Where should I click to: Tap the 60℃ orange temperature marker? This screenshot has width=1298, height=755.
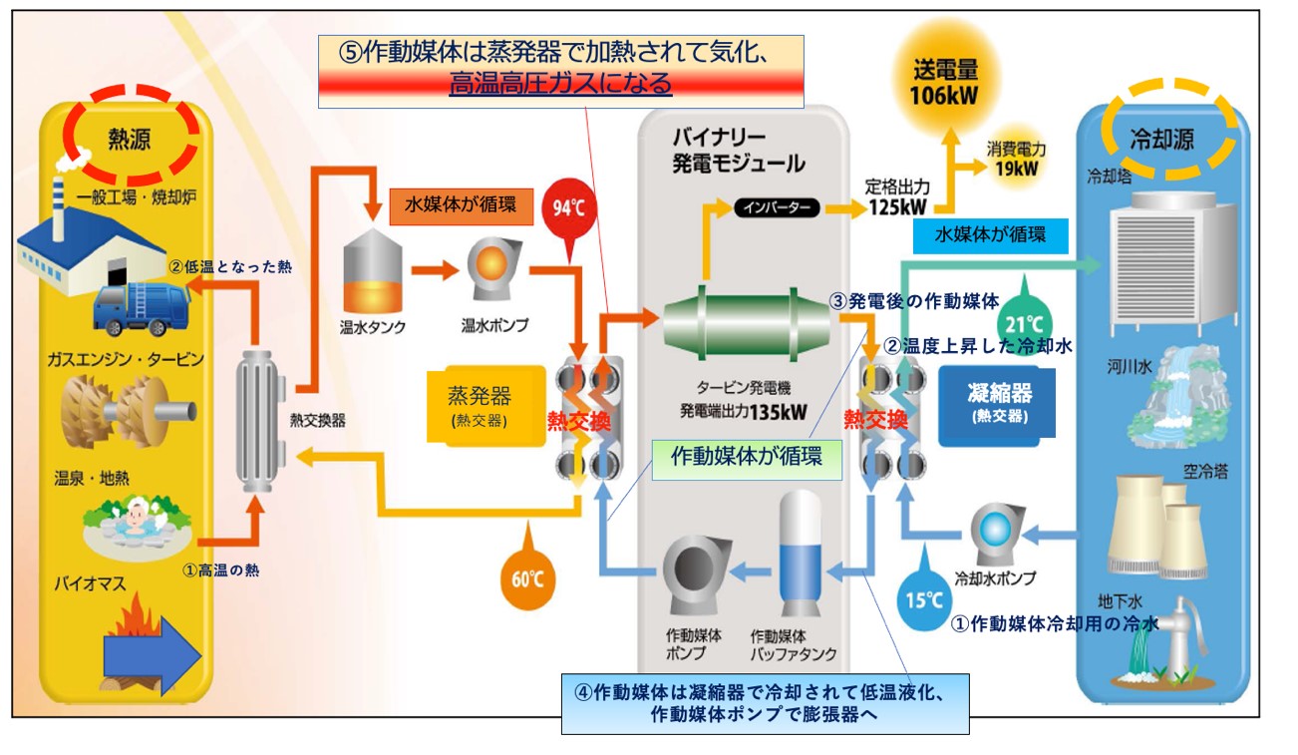click(x=527, y=577)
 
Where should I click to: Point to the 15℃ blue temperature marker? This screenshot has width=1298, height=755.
click(x=922, y=600)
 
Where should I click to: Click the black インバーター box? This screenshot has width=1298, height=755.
click(x=777, y=208)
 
